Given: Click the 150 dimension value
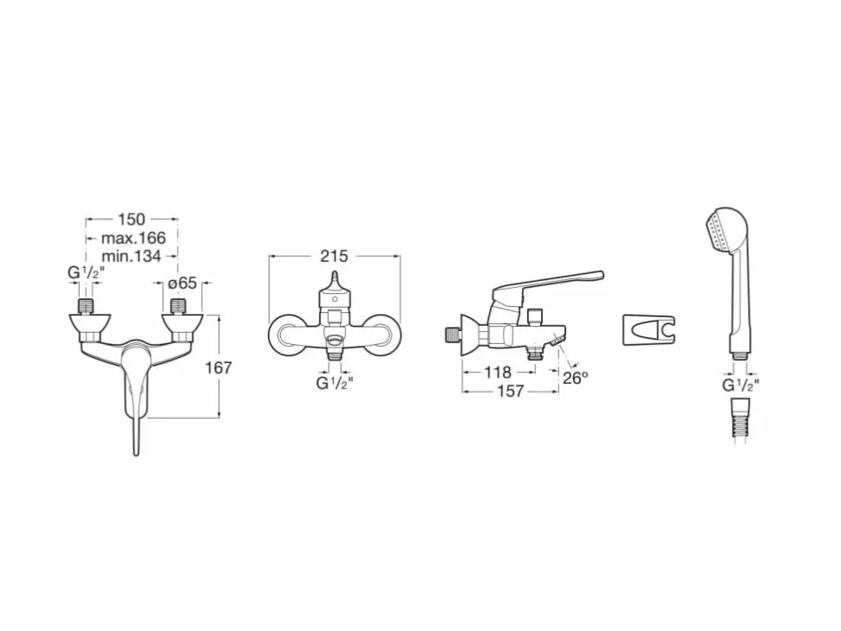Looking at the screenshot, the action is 132,218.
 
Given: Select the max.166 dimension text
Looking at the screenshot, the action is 134,237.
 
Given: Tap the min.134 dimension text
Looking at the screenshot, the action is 132,257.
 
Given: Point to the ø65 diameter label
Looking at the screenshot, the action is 183,283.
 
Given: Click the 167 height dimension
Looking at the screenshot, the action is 218,368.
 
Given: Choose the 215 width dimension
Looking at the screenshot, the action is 334,257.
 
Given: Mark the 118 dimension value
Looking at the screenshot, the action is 498,372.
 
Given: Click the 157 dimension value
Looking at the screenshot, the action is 510,392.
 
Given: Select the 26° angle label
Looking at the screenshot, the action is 575,378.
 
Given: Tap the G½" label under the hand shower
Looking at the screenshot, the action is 740,385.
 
